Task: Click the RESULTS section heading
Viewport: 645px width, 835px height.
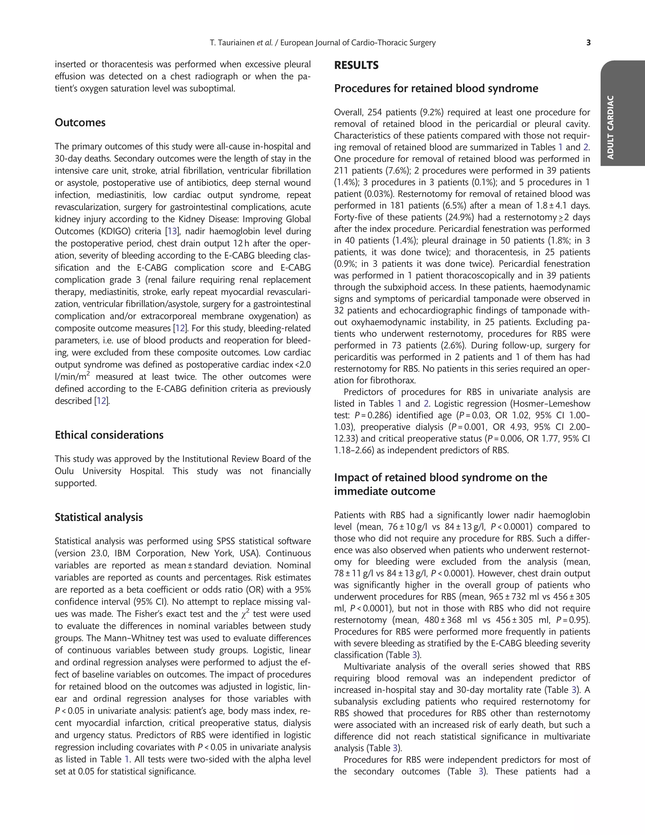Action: pyautogui.click(x=356, y=65)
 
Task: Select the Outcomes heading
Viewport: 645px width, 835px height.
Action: pyautogui.click(x=80, y=123)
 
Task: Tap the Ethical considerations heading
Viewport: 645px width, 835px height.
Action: pyautogui.click(x=109, y=435)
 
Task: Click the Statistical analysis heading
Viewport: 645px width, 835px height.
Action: pyautogui.click(x=99, y=517)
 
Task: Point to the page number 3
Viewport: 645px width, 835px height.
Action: pyautogui.click(x=588, y=43)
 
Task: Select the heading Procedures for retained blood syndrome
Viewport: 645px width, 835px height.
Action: pyautogui.click(x=436, y=89)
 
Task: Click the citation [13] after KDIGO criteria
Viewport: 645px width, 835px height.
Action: pyautogui.click(x=172, y=231)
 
